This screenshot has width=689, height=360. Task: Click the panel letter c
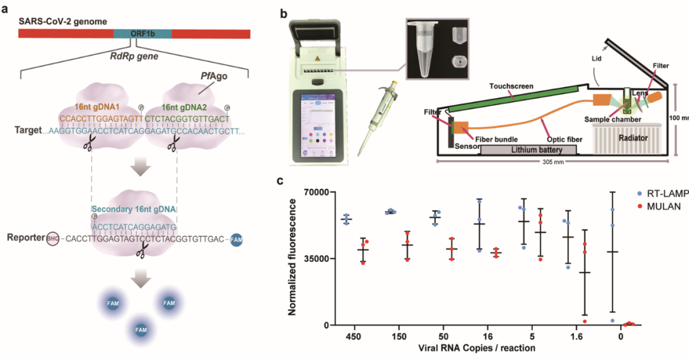280,181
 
